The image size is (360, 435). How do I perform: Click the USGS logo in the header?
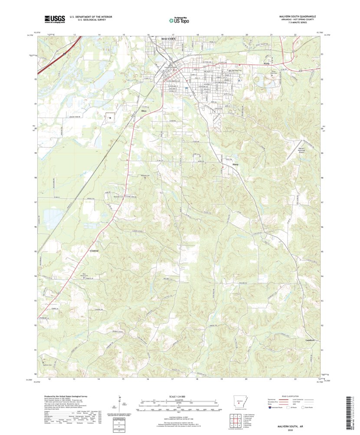click(x=54, y=19)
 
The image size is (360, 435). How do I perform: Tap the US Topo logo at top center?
click(x=179, y=19)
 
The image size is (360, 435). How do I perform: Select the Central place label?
click(x=94, y=251)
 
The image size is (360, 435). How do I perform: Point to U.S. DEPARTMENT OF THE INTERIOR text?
click(x=91, y=16)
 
